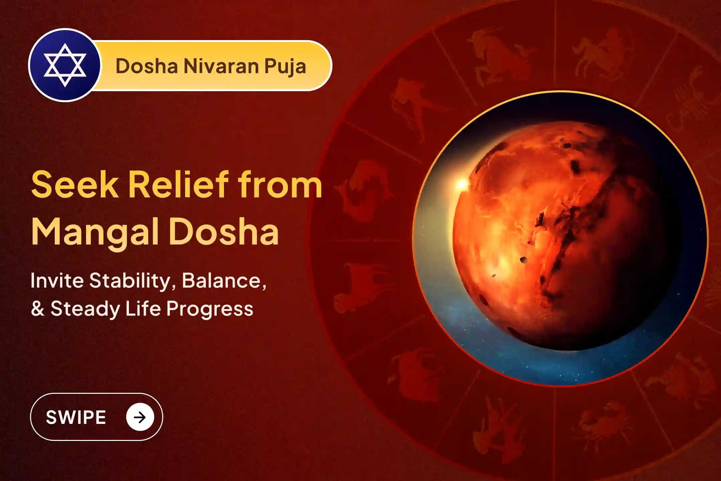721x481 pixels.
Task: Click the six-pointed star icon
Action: coord(65,65)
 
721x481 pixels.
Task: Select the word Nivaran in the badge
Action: coord(221,66)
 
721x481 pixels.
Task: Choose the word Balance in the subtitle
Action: coord(223,281)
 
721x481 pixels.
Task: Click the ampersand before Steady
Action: coord(37,308)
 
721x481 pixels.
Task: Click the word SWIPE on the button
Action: coord(76,417)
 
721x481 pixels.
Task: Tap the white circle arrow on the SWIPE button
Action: coord(140,417)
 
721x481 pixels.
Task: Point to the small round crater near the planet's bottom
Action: coord(524,260)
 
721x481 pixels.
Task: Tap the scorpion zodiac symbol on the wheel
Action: coord(688,100)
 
